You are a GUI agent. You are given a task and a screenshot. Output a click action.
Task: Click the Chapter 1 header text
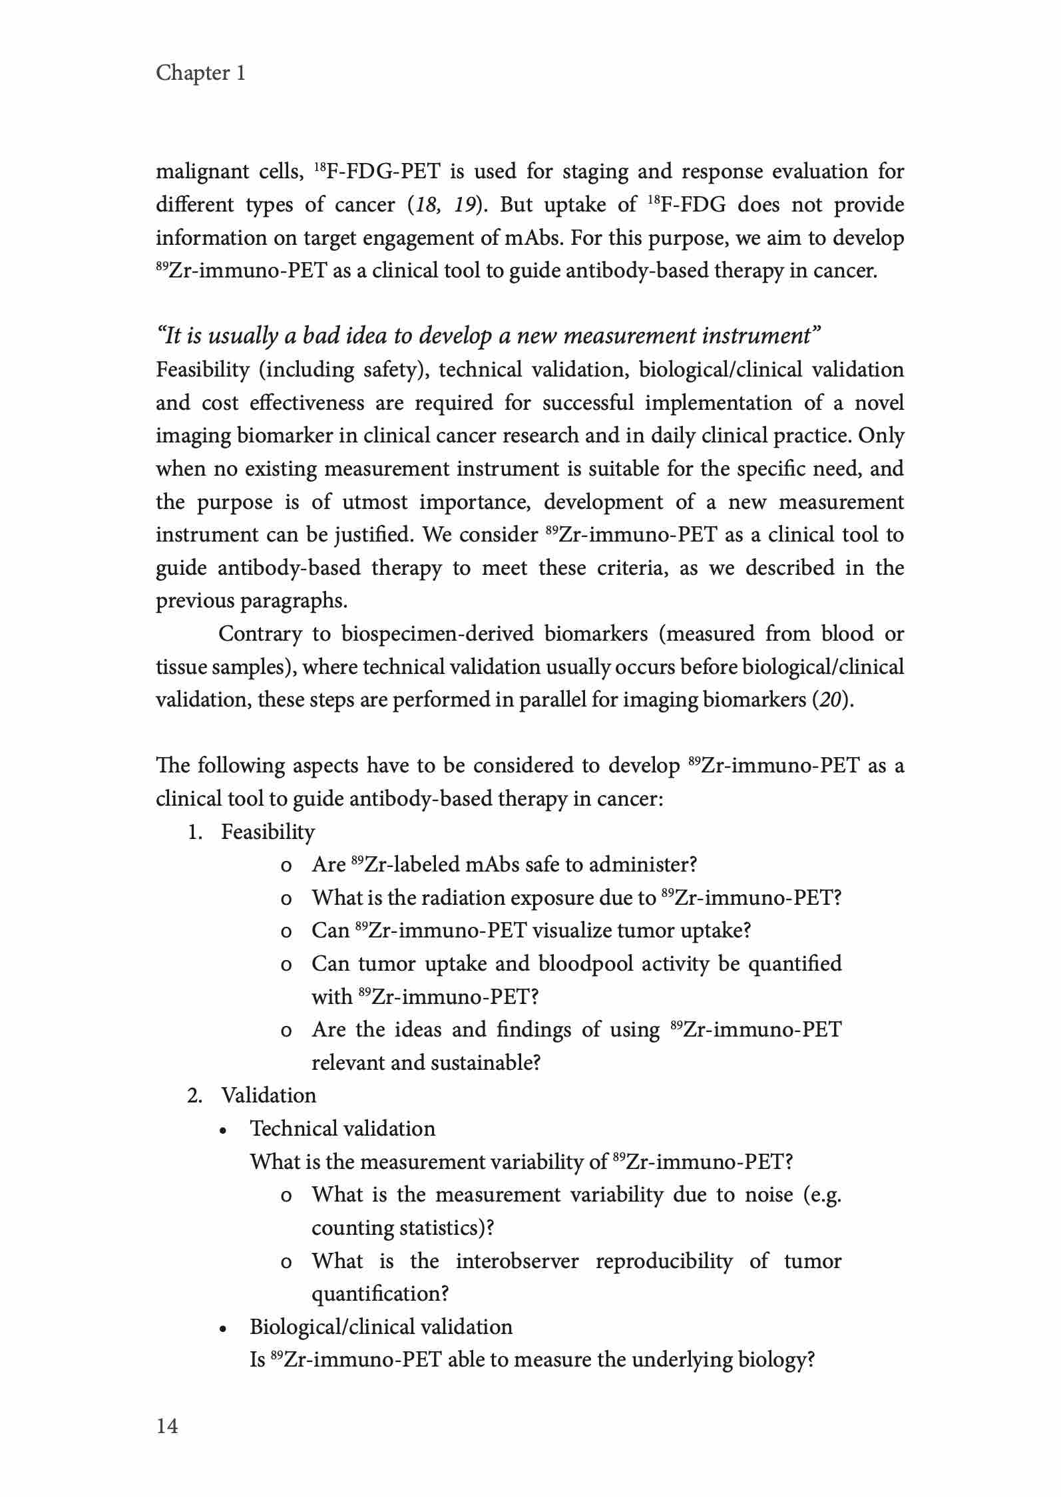point(200,73)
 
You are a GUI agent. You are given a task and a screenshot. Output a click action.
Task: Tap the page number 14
point(167,1426)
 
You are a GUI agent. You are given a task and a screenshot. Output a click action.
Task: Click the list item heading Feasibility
point(268,832)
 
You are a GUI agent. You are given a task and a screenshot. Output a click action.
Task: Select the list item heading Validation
point(268,1095)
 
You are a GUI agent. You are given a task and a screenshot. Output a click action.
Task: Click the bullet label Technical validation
point(342,1128)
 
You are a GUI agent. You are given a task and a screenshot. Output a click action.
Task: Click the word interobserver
point(517,1261)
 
